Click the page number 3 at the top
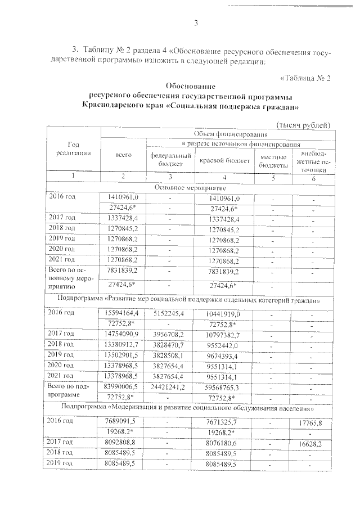click(x=196, y=22)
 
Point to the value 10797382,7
click(x=224, y=334)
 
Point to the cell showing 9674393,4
click(x=224, y=355)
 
